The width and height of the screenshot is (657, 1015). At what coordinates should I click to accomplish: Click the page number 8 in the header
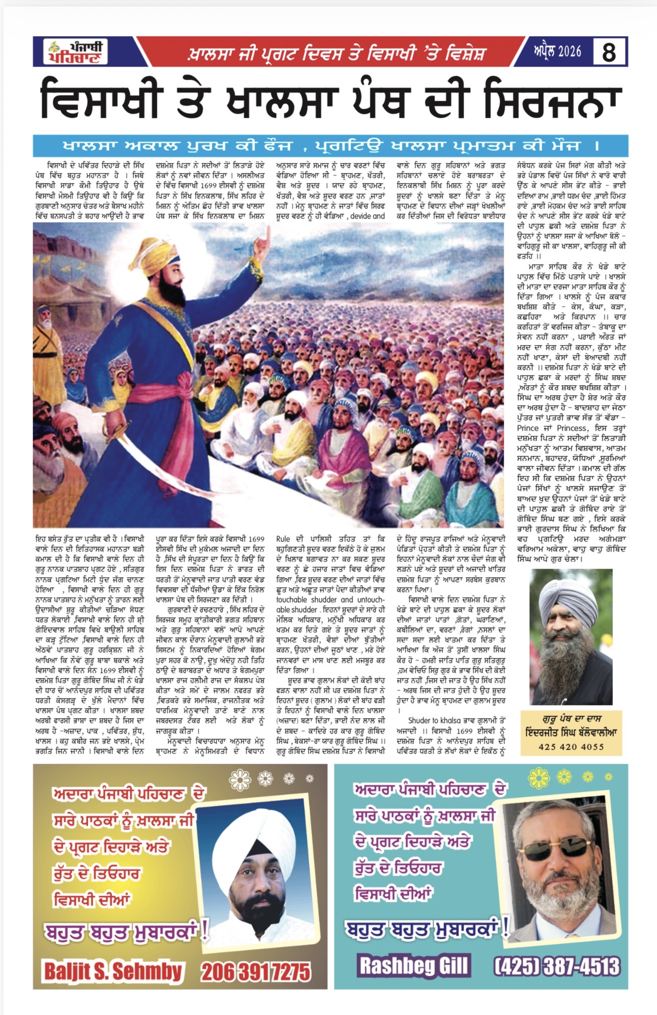pos(608,52)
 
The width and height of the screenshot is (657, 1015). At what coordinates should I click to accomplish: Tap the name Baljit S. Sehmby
pos(113,971)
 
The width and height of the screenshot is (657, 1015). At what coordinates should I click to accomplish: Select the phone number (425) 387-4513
pos(557,966)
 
